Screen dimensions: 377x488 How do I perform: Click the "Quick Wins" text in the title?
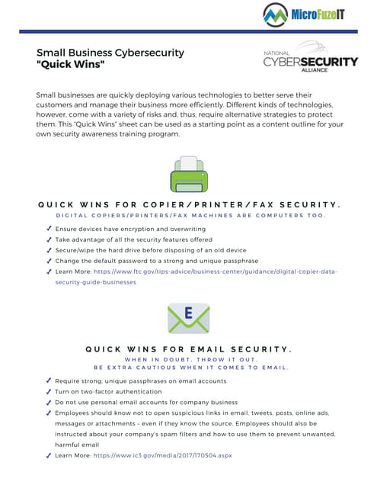(x=71, y=66)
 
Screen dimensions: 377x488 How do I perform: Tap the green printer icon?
(x=188, y=176)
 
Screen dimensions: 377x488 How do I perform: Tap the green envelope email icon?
(x=188, y=316)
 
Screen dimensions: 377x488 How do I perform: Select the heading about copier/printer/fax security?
(x=188, y=204)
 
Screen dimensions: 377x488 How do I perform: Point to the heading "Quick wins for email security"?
(x=188, y=349)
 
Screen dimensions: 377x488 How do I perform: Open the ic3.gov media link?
(x=162, y=455)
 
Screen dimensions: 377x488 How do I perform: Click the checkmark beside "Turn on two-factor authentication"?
(x=49, y=391)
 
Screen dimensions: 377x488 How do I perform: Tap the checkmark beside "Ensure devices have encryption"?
(x=49, y=229)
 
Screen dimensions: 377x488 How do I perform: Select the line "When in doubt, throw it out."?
(x=188, y=360)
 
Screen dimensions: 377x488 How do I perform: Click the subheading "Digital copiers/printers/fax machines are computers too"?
(x=188, y=215)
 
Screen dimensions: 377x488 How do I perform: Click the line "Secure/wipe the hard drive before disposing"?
(x=151, y=250)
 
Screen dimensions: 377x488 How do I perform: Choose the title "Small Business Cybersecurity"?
(x=110, y=53)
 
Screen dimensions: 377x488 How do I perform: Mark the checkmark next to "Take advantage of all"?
(x=49, y=239)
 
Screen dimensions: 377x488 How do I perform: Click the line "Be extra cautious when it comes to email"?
(x=188, y=368)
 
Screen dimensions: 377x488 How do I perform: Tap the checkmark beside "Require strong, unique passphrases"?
(x=49, y=380)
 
